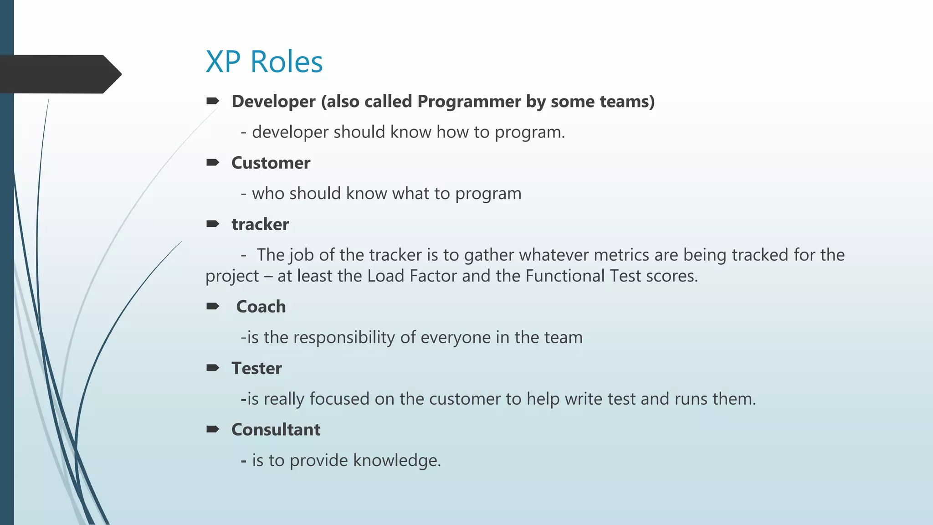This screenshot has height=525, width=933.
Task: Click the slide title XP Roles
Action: tap(264, 62)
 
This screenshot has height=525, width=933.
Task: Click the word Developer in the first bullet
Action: tap(273, 102)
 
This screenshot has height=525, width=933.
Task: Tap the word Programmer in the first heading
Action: tap(469, 102)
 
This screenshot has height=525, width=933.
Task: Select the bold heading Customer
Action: tap(271, 163)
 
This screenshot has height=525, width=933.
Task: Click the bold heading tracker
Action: tap(260, 225)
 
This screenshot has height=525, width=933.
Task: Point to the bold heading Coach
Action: tap(261, 307)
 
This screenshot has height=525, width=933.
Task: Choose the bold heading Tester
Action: tap(256, 368)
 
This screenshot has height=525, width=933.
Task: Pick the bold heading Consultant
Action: tap(276, 430)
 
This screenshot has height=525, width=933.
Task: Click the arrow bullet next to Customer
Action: tap(213, 163)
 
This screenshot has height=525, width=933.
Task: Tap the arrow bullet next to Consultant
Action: tap(213, 429)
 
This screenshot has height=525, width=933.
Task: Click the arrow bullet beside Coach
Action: tap(213, 306)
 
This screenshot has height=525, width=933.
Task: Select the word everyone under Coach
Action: tap(455, 338)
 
